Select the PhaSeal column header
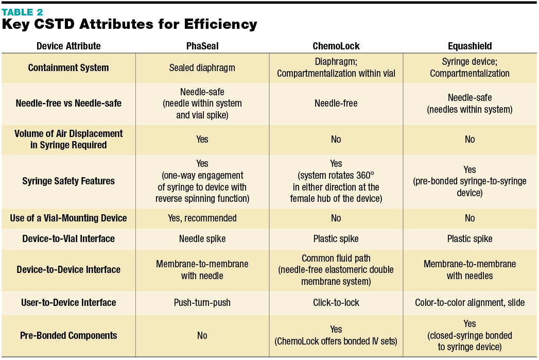coord(202,46)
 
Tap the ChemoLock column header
coord(336,46)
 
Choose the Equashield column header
coord(470,46)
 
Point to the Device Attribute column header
coord(68,46)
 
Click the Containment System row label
coord(68,67)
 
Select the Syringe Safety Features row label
coord(68,181)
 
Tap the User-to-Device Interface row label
coord(68,302)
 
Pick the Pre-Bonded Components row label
coord(68,335)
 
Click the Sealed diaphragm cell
coord(202,67)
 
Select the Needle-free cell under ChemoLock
coord(336,103)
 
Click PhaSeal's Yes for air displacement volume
coord(202,139)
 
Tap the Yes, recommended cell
coord(202,218)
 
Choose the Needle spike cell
coord(202,238)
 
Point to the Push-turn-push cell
coord(202,302)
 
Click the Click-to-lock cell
coord(336,302)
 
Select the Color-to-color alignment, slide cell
coord(470,302)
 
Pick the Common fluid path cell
coord(336,269)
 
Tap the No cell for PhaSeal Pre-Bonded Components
coord(202,335)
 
